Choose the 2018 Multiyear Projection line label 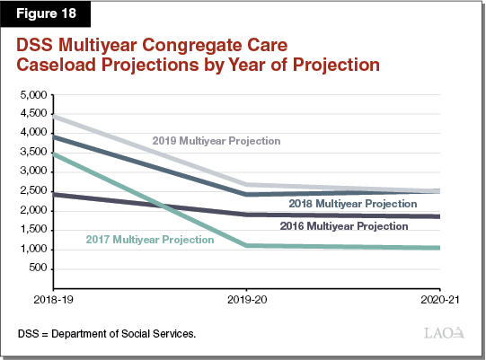pos(352,204)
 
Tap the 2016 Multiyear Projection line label pos(345,226)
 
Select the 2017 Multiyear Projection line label pos(150,240)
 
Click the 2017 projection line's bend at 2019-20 pos(246,245)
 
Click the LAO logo pos(444,334)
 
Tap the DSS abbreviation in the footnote pos(28,334)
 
